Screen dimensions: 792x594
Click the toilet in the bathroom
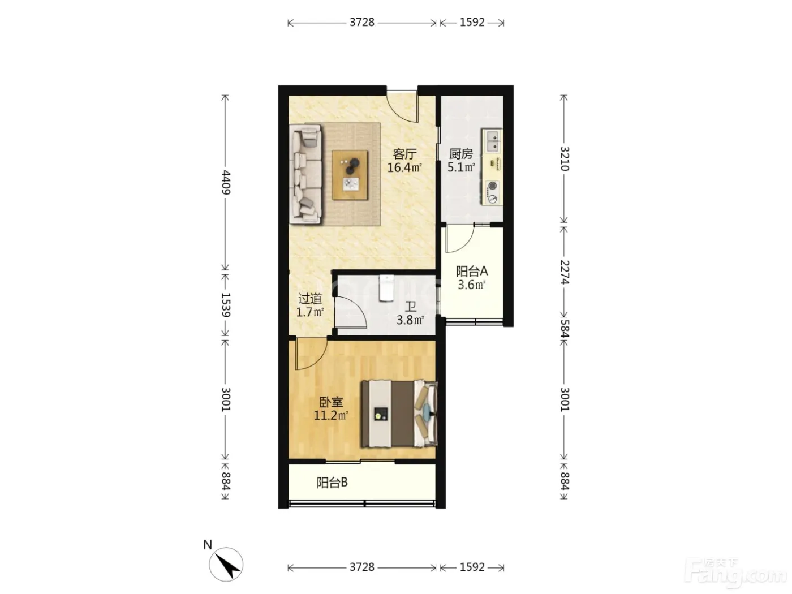tap(386, 288)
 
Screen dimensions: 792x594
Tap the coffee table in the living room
tap(350, 175)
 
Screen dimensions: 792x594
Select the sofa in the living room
tap(305, 175)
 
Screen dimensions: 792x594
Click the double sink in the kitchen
tap(493, 141)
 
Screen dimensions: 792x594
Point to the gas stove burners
tap(492, 192)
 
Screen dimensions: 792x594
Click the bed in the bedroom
tap(399, 414)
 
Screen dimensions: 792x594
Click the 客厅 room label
tap(404, 154)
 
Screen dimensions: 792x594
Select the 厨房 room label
tap(460, 154)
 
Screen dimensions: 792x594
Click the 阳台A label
tap(472, 271)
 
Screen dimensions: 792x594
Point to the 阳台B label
tap(332, 482)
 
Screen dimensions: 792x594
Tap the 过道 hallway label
tap(310, 299)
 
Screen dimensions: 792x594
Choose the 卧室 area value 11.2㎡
tap(331, 415)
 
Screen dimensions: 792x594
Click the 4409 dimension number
tap(226, 183)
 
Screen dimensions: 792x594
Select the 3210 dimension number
tap(565, 159)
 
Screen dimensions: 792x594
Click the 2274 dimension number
tap(565, 272)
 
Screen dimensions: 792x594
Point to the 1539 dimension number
tap(226, 305)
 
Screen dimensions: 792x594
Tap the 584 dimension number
tap(565, 329)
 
